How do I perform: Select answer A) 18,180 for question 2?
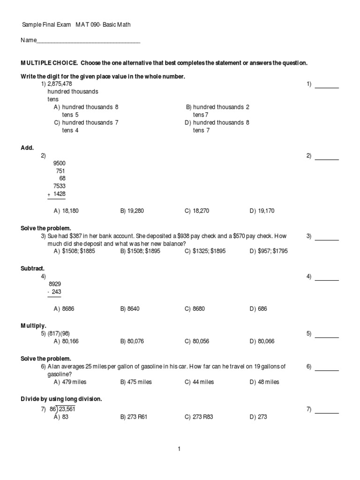66,211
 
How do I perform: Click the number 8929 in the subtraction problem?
55,284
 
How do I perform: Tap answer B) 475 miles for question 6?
136,382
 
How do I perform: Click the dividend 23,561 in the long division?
67,409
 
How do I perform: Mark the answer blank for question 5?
327,334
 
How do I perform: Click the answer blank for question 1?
327,84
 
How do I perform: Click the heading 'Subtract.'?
33,269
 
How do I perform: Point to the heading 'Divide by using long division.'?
61,399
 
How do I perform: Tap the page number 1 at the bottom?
179,449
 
